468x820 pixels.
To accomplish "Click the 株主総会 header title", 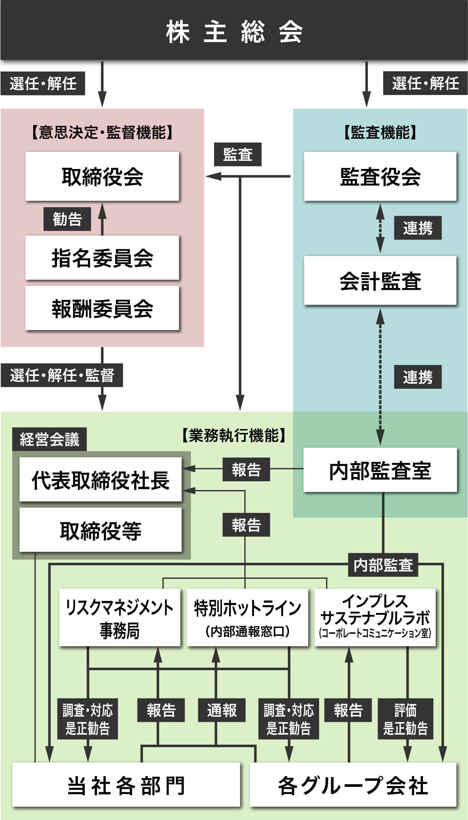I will (234, 31).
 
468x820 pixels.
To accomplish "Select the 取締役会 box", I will (102, 176).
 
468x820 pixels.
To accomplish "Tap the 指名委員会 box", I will (102, 258).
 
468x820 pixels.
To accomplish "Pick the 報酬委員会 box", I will (102, 308).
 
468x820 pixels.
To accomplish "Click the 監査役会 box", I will (380, 176).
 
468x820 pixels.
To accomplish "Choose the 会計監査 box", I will (380, 281).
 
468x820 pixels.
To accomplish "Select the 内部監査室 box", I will (380, 470).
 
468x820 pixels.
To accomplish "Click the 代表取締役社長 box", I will (101, 480).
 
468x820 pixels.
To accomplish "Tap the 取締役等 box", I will (101, 530).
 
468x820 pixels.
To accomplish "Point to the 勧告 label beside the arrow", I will (67, 219).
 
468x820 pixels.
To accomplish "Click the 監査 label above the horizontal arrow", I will (238, 154).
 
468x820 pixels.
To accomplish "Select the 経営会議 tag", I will (49, 439).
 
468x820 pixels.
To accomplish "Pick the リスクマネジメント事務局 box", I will (120, 618).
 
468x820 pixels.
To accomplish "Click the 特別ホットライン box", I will (247, 618).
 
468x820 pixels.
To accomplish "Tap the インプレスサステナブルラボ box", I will (375, 618).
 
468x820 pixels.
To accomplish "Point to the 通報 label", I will (222, 710).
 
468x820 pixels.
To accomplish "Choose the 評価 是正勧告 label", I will (405, 719).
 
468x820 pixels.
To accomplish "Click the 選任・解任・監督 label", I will (62, 375).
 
